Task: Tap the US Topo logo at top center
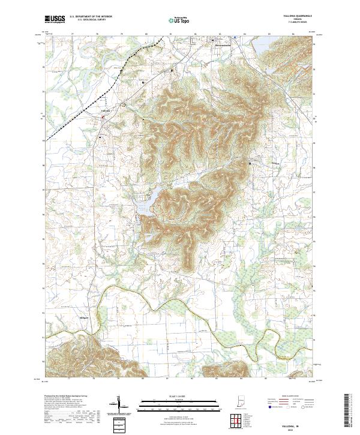click(179, 20)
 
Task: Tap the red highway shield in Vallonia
click(103, 118)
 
